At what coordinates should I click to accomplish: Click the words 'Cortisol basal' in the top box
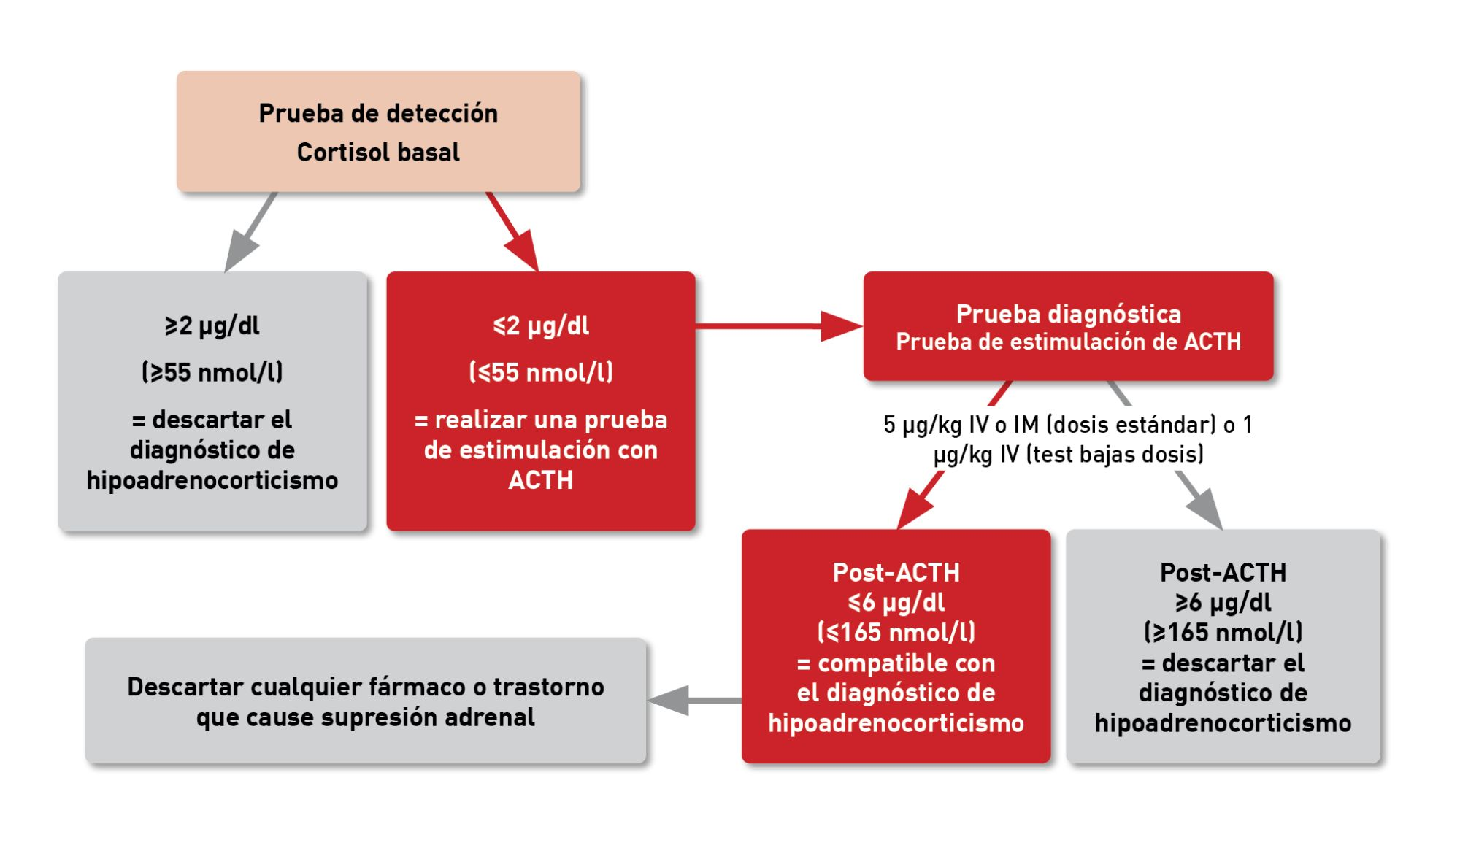pyautogui.click(x=378, y=152)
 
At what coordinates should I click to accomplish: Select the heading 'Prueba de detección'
pyautogui.click(x=378, y=113)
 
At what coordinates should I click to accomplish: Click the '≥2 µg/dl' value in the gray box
pyautogui.click(x=212, y=325)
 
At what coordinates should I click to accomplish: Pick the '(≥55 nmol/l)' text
pyautogui.click(x=212, y=372)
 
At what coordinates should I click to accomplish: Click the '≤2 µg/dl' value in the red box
pyautogui.click(x=541, y=325)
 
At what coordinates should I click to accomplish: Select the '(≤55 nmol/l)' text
pyautogui.click(x=541, y=372)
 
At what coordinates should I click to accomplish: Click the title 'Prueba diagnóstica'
pyautogui.click(x=1069, y=314)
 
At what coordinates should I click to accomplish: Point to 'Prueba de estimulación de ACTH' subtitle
pyautogui.click(x=1069, y=342)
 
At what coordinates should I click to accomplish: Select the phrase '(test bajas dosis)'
pyautogui.click(x=1115, y=455)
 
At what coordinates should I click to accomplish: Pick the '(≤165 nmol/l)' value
pyautogui.click(x=896, y=632)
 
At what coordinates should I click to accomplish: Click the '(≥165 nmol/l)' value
pyautogui.click(x=1223, y=632)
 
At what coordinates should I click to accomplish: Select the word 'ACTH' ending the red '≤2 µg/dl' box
pyautogui.click(x=541, y=480)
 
